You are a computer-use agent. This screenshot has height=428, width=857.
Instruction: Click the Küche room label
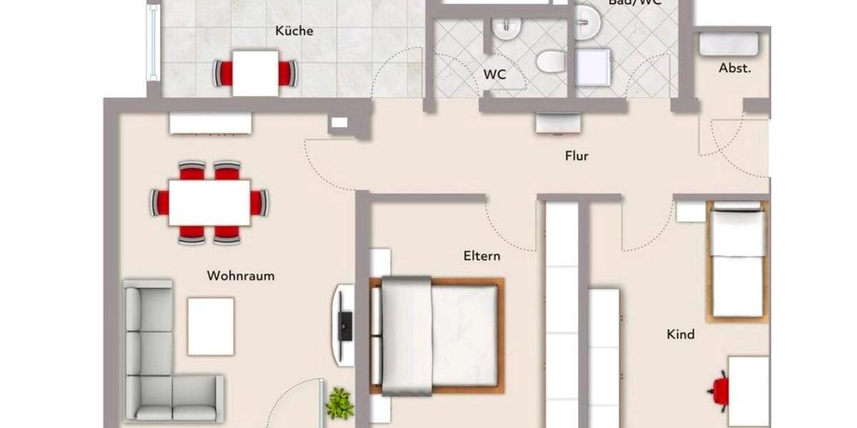click(294, 31)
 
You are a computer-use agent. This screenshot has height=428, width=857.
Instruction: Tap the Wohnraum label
click(241, 276)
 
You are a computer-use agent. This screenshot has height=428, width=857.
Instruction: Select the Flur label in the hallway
click(576, 156)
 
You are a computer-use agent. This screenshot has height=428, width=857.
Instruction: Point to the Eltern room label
click(481, 256)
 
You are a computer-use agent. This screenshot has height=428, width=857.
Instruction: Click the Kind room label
click(680, 334)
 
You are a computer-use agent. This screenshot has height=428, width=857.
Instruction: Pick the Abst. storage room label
click(734, 69)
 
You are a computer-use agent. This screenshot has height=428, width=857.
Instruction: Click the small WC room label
click(494, 74)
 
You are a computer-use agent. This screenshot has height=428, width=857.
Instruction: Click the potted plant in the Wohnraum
click(339, 403)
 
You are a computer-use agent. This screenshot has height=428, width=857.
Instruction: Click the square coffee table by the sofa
click(211, 326)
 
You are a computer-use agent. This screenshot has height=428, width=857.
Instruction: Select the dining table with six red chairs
click(209, 203)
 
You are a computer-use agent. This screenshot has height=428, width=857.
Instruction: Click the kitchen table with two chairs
click(255, 73)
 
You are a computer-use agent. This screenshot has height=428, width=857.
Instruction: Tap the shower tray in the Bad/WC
click(593, 67)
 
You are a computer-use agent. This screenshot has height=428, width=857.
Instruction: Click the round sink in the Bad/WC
click(588, 21)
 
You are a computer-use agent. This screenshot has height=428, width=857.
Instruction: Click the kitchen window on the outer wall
click(152, 43)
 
